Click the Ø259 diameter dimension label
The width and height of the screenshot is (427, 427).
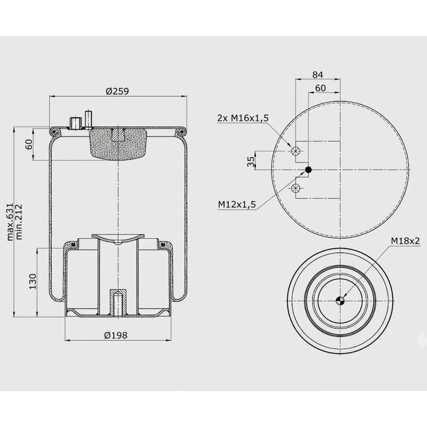tap(117, 91)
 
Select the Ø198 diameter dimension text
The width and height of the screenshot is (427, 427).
tap(116, 335)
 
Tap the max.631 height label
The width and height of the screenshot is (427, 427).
tap(10, 222)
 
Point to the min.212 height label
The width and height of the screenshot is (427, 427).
tap(19, 222)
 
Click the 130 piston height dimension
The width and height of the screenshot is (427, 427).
tap(33, 282)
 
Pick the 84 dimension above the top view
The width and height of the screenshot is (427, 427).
tap(317, 75)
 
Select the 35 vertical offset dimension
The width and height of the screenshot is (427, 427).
tap(251, 161)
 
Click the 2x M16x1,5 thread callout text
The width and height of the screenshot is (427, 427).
tap(243, 118)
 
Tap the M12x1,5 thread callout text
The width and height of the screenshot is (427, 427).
tap(237, 204)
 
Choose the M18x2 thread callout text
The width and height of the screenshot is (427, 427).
tap(405, 241)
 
